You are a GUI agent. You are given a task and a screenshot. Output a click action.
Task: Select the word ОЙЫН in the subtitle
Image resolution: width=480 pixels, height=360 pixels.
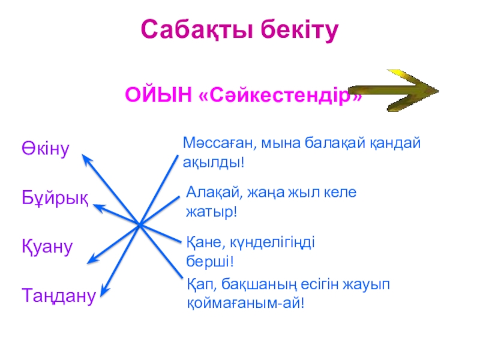click(158, 95)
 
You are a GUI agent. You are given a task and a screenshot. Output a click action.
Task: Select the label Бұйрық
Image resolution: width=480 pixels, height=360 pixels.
click(55, 197)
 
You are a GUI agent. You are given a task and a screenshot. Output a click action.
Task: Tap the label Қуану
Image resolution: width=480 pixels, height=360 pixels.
click(48, 246)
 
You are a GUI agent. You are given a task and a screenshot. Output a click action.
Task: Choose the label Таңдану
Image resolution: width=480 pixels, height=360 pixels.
click(59, 295)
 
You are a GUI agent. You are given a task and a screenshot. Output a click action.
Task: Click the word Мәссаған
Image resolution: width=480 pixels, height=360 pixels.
click(213, 144)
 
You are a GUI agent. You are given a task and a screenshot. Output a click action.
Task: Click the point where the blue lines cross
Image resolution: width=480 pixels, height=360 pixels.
click(139, 225)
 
